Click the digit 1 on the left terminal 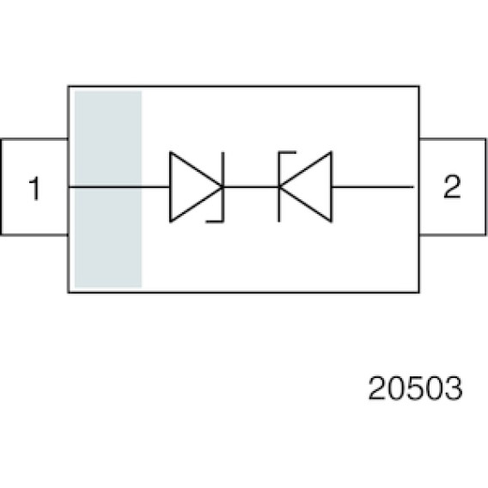[35, 188]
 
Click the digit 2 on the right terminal [452, 186]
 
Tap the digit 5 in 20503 [415, 388]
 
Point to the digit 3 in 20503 [454, 388]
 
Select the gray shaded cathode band [108, 189]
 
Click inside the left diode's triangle [190, 187]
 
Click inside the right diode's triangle [311, 187]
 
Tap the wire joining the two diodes [251, 187]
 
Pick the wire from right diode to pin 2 [373, 187]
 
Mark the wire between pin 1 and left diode [119, 187]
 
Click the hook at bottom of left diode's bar [215, 222]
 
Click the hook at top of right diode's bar [287, 152]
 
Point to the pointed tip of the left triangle [223, 187]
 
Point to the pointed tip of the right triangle [279, 187]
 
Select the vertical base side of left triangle [170, 187]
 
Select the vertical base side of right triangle [332, 187]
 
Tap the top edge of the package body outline [243, 86]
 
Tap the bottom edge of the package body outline [243, 292]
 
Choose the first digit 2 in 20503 [377, 388]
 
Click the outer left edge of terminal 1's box [1, 186]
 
